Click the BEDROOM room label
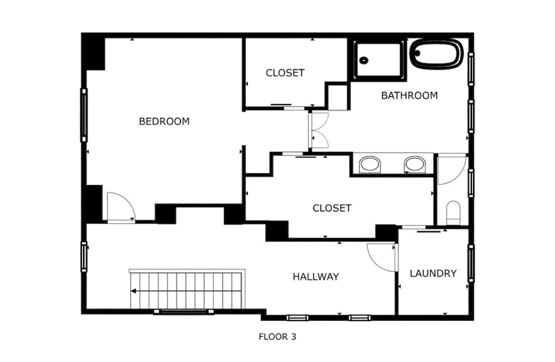(164, 122)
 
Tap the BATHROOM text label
(409, 95)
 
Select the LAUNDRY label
(433, 274)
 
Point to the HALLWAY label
(315, 277)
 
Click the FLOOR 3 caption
(277, 337)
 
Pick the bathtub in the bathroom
(436, 54)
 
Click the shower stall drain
(364, 60)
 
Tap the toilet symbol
(453, 212)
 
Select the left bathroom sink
(370, 164)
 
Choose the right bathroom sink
(415, 164)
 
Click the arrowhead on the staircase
(133, 291)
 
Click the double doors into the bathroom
(318, 130)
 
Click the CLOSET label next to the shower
(285, 73)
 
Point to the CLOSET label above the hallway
(332, 208)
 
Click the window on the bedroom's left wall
(84, 115)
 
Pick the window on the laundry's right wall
(471, 263)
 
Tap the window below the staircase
(184, 312)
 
